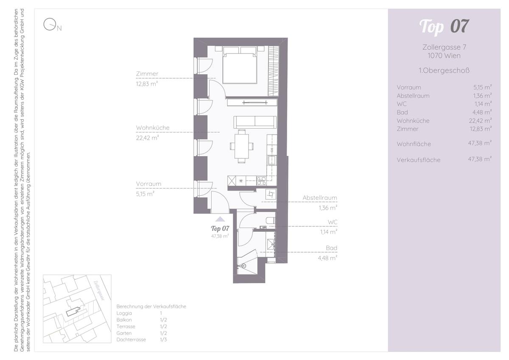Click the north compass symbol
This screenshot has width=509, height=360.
coord(50,24)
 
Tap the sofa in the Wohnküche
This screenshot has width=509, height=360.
coord(255,122)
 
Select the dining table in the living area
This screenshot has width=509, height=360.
coord(241,146)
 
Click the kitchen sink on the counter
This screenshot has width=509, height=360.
coord(272,160)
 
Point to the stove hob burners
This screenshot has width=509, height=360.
coord(261,181)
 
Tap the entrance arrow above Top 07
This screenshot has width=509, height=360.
coord(220,219)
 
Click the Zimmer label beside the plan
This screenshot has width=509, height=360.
coord(147,74)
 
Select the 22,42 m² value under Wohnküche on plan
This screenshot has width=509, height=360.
coord(147,138)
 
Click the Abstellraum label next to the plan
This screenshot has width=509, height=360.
coord(319,198)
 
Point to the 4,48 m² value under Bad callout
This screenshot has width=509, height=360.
coord(327,258)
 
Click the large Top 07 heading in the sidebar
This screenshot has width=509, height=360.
coord(444,27)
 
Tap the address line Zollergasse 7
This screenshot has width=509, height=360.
coord(444,47)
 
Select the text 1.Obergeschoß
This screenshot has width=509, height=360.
coord(444,70)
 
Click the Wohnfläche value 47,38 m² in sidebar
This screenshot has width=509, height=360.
coord(480,143)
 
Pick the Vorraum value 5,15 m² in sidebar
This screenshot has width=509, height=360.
coord(482,87)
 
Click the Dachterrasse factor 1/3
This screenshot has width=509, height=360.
coord(163,340)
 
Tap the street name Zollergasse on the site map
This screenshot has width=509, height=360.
coord(99,290)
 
